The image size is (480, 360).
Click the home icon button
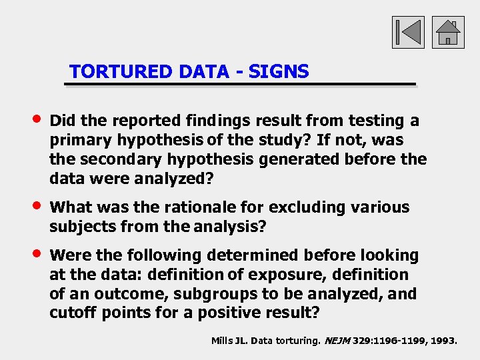pos(448,33)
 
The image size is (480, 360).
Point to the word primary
pos(81,140)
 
